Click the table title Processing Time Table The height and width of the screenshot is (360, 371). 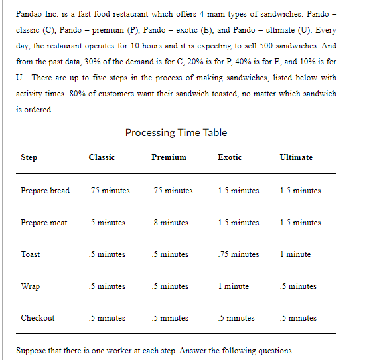176,132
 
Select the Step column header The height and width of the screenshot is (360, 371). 29,157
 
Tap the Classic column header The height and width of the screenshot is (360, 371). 102,157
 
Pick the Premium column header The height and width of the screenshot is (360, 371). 169,157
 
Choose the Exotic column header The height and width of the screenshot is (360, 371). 230,157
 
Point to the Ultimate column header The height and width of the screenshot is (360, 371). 296,157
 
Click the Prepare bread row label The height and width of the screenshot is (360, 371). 45,191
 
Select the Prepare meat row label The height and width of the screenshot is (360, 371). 44,223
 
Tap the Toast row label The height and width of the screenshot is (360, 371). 31,254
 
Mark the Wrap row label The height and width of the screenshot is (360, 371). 30,286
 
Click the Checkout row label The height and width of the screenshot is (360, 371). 38,318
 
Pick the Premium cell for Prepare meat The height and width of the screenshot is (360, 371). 169,223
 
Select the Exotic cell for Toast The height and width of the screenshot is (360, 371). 238,254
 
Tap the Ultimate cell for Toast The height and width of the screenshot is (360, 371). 295,254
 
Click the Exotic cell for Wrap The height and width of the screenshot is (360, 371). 233,286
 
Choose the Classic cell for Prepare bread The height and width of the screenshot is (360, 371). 109,191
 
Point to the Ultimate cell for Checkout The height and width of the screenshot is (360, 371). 298,318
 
